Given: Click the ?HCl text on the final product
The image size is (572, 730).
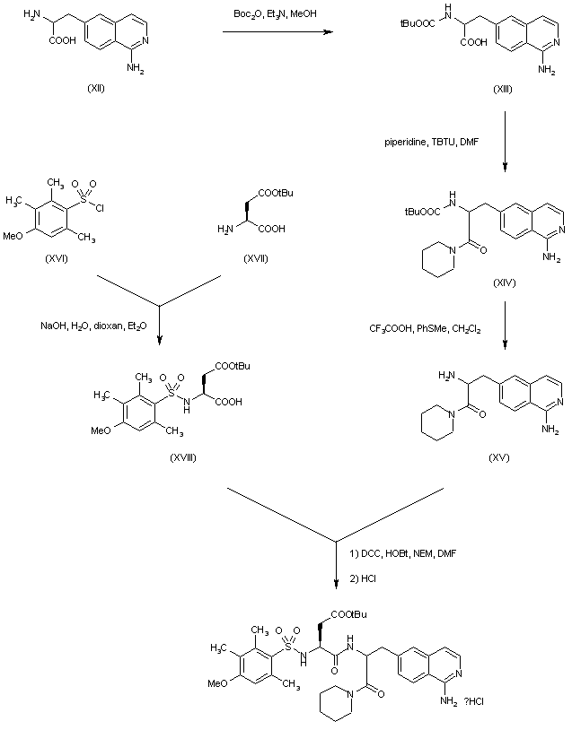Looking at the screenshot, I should tap(485, 700).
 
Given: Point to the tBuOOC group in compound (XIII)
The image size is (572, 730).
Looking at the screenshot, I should tap(417, 27).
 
